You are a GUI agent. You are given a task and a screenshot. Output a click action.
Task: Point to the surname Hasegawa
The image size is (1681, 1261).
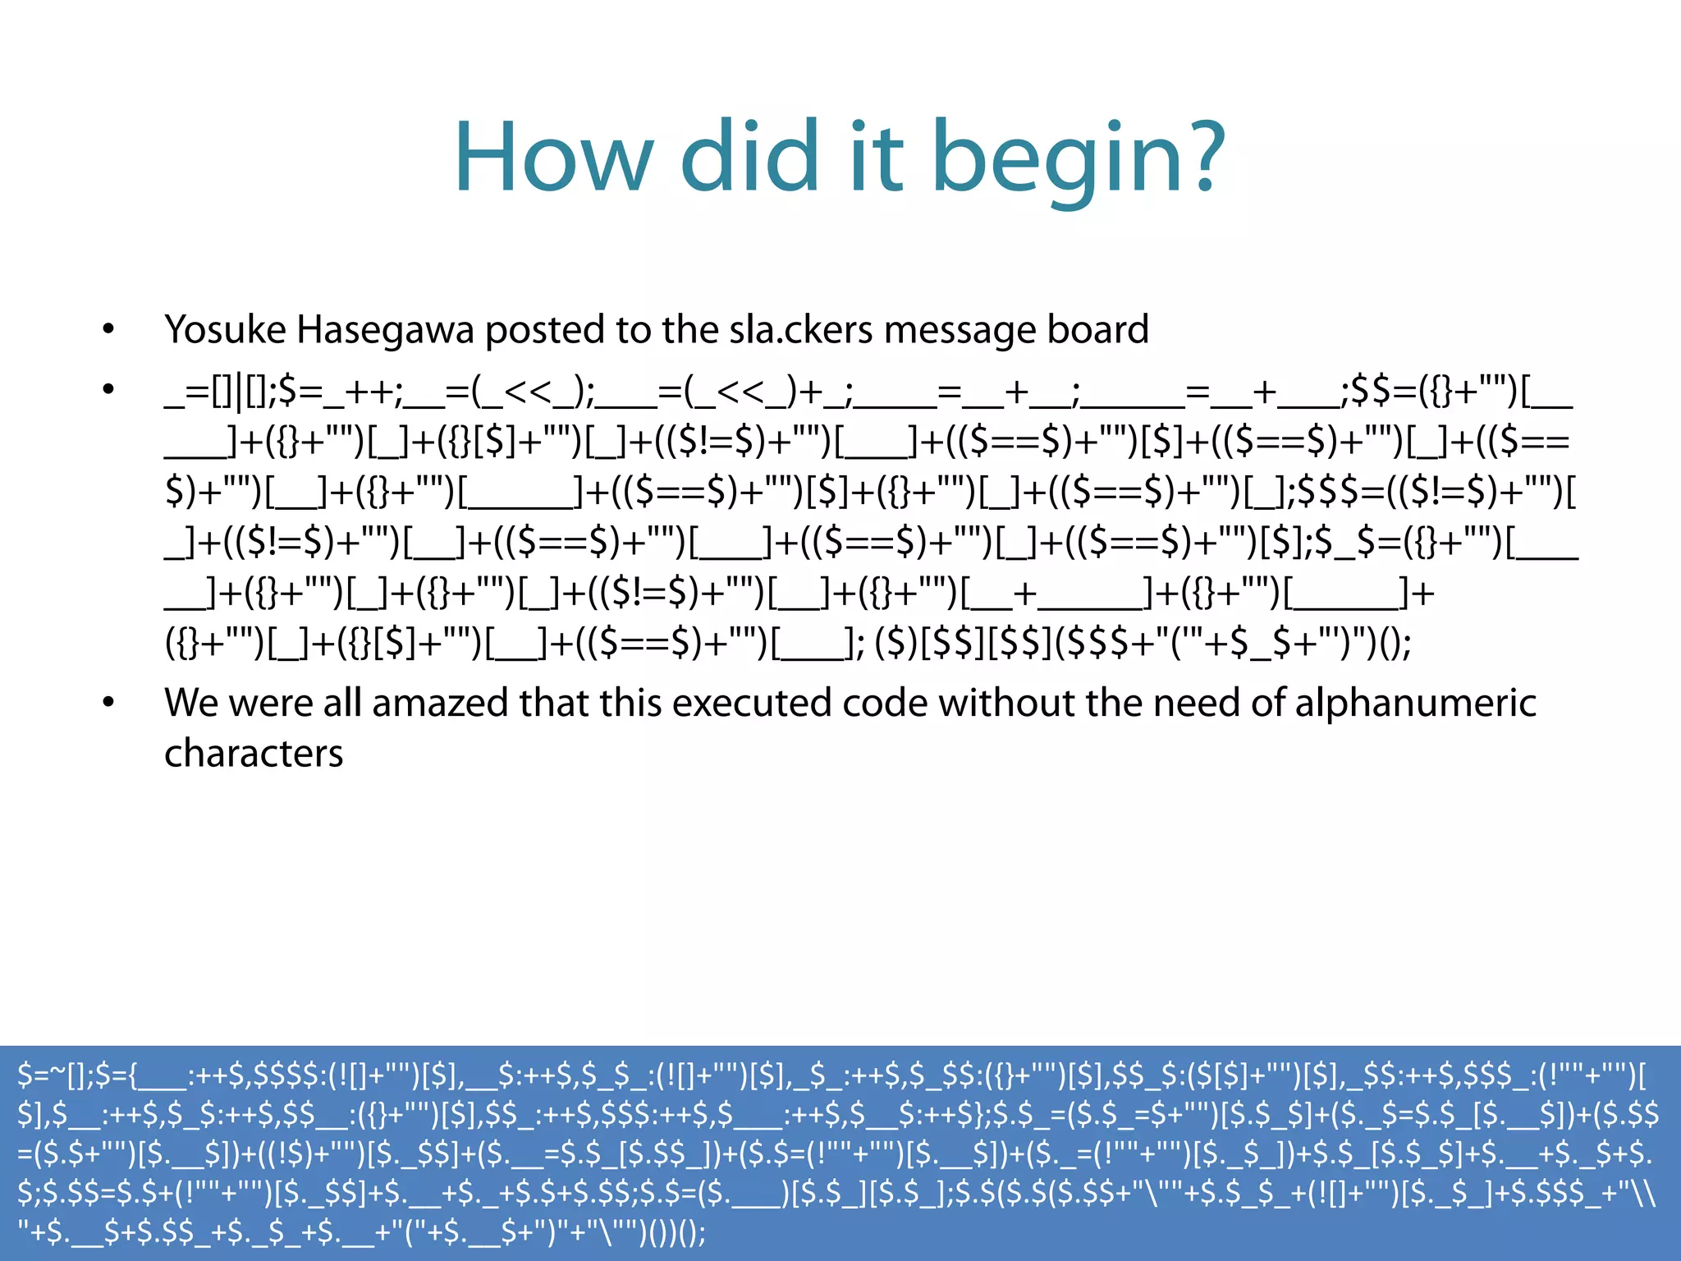coord(385,330)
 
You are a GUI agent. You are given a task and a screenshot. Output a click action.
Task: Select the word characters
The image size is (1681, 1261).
coord(254,754)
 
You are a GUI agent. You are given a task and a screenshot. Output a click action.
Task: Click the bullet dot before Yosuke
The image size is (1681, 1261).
coord(108,330)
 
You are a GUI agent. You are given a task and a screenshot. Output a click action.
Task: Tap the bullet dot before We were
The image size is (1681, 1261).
coord(108,703)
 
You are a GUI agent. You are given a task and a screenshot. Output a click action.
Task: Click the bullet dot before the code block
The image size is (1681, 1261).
coord(108,390)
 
